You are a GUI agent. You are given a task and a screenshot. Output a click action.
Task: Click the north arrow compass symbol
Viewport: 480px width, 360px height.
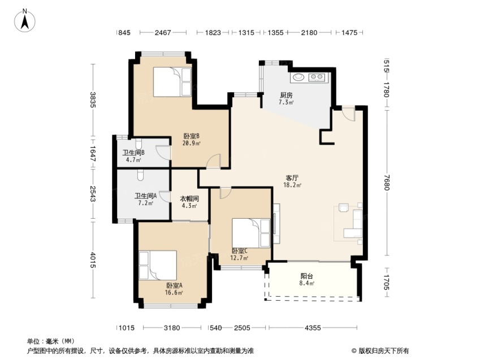pyautogui.click(x=25, y=20)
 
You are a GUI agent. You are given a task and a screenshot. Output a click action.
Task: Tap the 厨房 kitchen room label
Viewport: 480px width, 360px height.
pyautogui.click(x=286, y=95)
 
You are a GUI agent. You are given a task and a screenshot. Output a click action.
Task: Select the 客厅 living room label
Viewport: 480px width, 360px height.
pyautogui.click(x=292, y=178)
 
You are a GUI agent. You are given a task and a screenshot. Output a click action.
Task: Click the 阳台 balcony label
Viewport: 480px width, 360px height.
pyautogui.click(x=307, y=276)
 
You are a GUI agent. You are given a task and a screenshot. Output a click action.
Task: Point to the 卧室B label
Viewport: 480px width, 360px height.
pyautogui.click(x=192, y=136)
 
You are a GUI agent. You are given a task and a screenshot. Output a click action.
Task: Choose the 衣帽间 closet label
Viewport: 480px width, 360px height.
pyautogui.click(x=189, y=199)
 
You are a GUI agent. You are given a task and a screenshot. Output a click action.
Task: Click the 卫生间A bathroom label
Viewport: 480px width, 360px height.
pyautogui.click(x=146, y=196)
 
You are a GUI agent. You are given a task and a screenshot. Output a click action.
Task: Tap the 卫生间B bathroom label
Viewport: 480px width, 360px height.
pyautogui.click(x=133, y=153)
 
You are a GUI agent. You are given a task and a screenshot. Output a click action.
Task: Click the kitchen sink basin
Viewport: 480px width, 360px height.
pyautogui.click(x=299, y=77)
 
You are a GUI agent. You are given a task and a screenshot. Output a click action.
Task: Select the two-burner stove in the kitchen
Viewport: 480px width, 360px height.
pyautogui.click(x=317, y=77)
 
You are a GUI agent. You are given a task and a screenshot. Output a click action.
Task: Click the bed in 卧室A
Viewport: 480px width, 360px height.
pyautogui.click(x=158, y=265)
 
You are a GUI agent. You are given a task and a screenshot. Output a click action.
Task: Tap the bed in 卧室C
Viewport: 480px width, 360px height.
pyautogui.click(x=251, y=233)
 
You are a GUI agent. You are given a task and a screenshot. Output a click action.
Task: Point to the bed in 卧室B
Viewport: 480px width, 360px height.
pyautogui.click(x=172, y=82)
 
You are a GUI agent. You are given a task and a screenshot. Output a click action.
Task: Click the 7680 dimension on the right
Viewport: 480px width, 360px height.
pyautogui.click(x=387, y=182)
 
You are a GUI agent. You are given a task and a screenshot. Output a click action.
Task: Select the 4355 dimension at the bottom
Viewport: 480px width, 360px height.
pyautogui.click(x=313, y=328)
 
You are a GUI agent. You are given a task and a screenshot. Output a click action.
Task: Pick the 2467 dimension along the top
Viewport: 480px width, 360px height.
pyautogui.click(x=163, y=32)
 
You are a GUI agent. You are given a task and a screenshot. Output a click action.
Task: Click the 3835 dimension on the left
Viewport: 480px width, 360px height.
pyautogui.click(x=93, y=100)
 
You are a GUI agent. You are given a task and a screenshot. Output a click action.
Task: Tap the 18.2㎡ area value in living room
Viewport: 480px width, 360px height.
pyautogui.click(x=292, y=185)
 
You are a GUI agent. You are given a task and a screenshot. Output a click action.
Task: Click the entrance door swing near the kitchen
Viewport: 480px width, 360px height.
pyautogui.click(x=348, y=114)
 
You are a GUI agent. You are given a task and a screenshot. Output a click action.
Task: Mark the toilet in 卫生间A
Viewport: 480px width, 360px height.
pyautogui.click(x=140, y=175)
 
